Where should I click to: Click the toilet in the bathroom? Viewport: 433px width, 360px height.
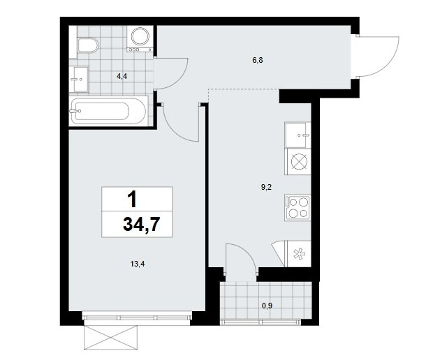pyautogui.click(x=88, y=45)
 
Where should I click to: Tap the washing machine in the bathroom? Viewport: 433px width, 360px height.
pyautogui.click(x=140, y=39)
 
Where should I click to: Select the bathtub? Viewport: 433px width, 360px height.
pyautogui.click(x=108, y=111)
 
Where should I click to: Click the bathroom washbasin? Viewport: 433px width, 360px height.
pyautogui.click(x=79, y=79)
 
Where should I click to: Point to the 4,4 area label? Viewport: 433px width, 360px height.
pyautogui.click(x=122, y=77)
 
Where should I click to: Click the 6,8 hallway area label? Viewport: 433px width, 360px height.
pyautogui.click(x=258, y=60)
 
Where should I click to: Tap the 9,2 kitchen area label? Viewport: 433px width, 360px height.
pyautogui.click(x=267, y=188)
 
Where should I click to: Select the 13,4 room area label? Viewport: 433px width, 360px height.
pyautogui.click(x=138, y=264)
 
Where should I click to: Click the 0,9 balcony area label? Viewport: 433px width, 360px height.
pyautogui.click(x=267, y=306)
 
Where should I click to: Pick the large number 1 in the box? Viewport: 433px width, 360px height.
pyautogui.click(x=133, y=200)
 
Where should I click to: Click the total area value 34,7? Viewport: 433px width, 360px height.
pyautogui.click(x=141, y=224)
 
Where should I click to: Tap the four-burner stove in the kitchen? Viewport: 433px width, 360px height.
pyautogui.click(x=298, y=207)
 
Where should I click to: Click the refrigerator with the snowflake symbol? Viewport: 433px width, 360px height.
pyautogui.click(x=298, y=254)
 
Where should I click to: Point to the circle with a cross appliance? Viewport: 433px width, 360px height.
pyautogui.click(x=298, y=161)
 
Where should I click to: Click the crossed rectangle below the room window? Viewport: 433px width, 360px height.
pyautogui.click(x=111, y=337)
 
